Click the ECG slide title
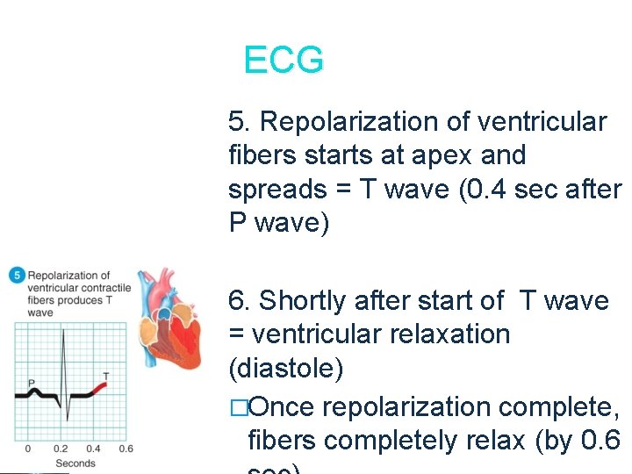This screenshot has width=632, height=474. click(284, 61)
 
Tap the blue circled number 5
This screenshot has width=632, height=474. click(16, 276)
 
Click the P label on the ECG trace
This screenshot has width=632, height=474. click(31, 383)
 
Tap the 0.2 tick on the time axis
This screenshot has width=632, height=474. click(61, 449)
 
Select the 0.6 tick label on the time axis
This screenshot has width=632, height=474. click(126, 449)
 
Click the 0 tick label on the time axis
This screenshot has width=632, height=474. click(28, 449)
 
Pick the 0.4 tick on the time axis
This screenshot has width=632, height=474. click(94, 449)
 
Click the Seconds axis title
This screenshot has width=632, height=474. click(75, 463)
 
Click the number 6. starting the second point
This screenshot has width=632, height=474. click(240, 301)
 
